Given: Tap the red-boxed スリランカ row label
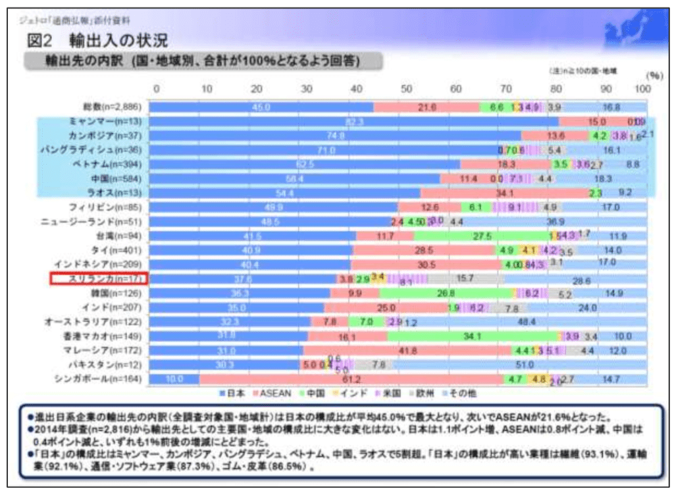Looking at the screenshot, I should tap(99, 278).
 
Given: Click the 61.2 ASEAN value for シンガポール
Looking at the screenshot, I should tap(352, 378).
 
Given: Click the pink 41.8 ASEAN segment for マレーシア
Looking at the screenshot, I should tap(405, 350).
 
